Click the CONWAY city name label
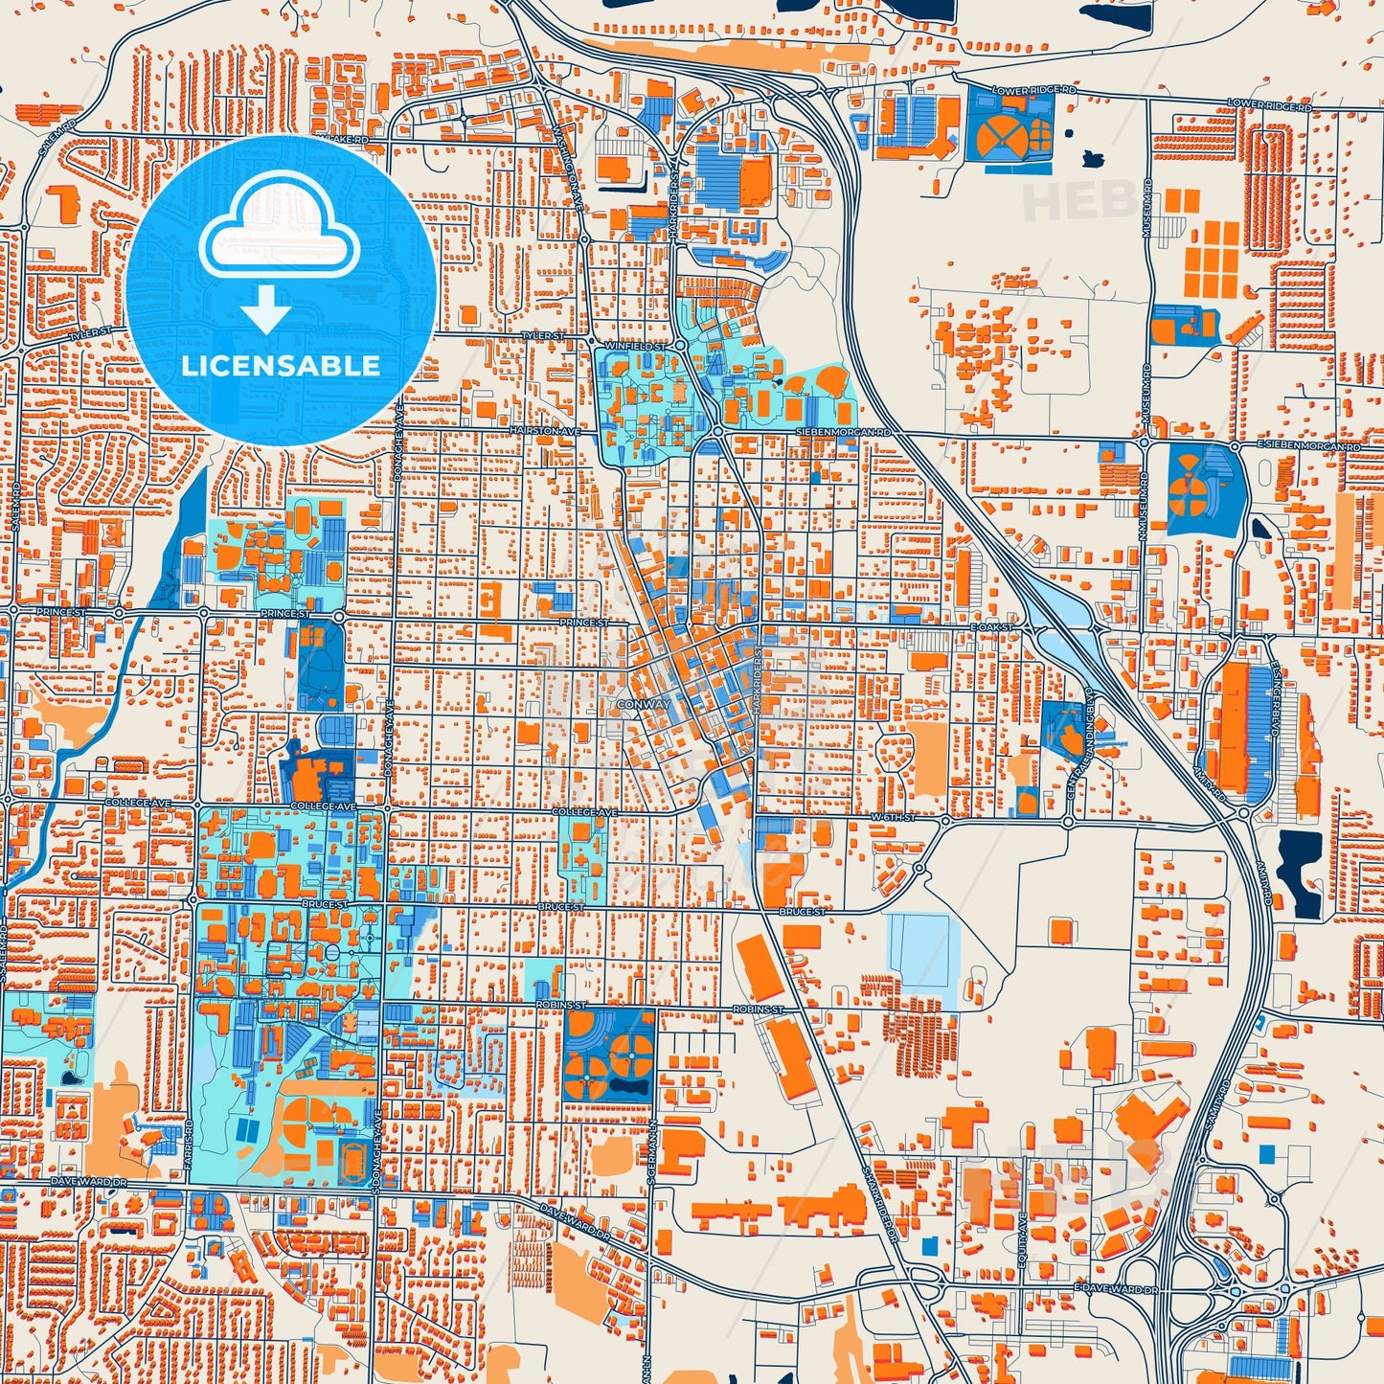click(x=644, y=704)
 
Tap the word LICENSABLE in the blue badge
click(x=281, y=366)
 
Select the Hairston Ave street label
click(x=545, y=432)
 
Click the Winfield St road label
click(x=635, y=345)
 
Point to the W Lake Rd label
click(x=344, y=140)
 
